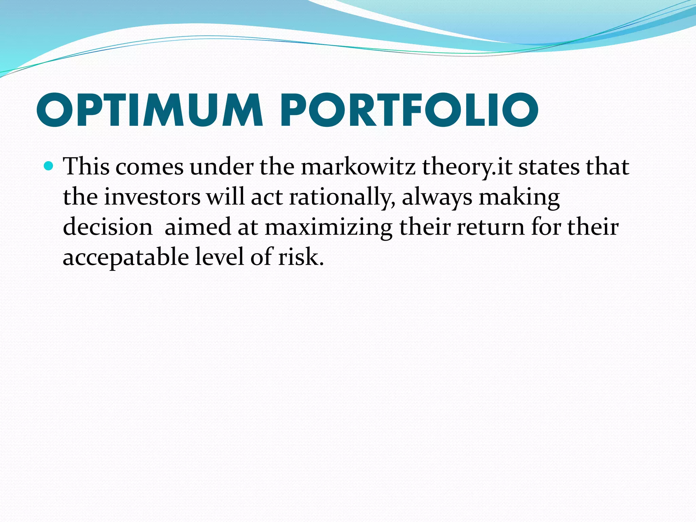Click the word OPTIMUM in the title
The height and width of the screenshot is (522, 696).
[150, 110]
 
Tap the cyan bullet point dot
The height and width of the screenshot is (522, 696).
[49, 166]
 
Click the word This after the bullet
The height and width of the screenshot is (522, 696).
[86, 167]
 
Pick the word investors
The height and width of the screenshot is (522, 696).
[152, 197]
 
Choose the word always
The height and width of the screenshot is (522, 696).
[437, 197]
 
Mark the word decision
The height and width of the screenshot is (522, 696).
[108, 227]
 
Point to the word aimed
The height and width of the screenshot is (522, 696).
[197, 227]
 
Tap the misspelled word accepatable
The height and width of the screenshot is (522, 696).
[126, 257]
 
